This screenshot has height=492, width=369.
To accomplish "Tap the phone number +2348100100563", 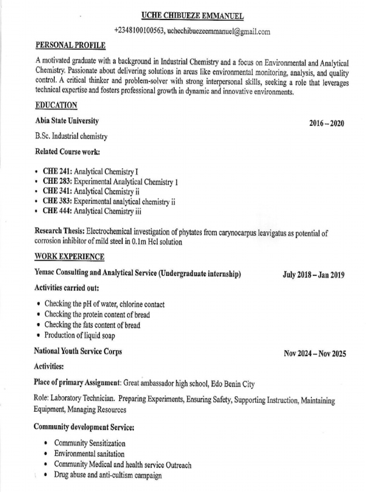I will coord(140,31).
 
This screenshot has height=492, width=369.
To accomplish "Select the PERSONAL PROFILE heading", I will coord(70,46).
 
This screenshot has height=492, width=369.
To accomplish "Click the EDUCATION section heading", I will coord(56,105).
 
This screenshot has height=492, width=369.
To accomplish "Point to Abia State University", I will coord(67,121).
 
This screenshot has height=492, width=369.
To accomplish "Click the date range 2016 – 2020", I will coord(327,123).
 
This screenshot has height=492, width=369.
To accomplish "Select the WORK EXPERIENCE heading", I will coord(69,257).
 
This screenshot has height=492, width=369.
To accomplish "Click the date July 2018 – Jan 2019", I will coord(314,275).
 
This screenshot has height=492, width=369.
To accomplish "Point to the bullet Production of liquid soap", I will coord(80,335).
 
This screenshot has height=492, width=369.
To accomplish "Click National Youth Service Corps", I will coord(78,351).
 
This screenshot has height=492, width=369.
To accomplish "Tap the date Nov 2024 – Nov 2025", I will coord(315,354).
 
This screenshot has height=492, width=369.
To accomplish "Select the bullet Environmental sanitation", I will coord(89,454).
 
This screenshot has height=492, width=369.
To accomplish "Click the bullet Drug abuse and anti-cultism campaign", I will coord(108,476).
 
